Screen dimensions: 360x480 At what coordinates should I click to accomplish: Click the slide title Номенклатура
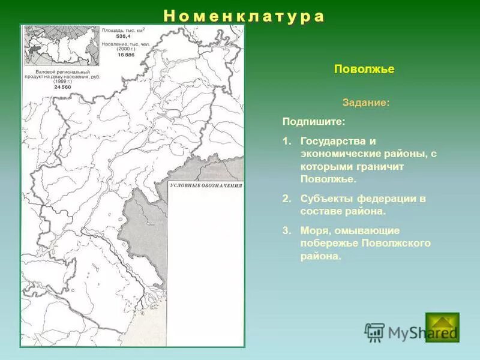click(x=244, y=16)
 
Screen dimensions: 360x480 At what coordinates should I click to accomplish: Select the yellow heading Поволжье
click(x=364, y=69)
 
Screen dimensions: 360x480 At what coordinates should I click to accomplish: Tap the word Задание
click(x=365, y=103)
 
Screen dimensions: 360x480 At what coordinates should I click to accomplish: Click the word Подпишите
click(x=314, y=121)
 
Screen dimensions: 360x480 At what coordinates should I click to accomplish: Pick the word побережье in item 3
click(x=329, y=243)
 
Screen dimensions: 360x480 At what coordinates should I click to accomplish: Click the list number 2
click(x=286, y=199)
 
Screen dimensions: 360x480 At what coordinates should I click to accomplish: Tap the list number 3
click(x=286, y=230)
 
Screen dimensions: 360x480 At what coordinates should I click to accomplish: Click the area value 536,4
click(x=124, y=35)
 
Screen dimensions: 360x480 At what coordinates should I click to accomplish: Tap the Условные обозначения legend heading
click(x=206, y=186)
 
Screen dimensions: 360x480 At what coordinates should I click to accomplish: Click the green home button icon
click(x=442, y=327)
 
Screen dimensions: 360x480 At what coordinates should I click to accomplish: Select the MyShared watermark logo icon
click(x=374, y=332)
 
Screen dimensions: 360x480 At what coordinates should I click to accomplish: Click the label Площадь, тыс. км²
click(x=123, y=29)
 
